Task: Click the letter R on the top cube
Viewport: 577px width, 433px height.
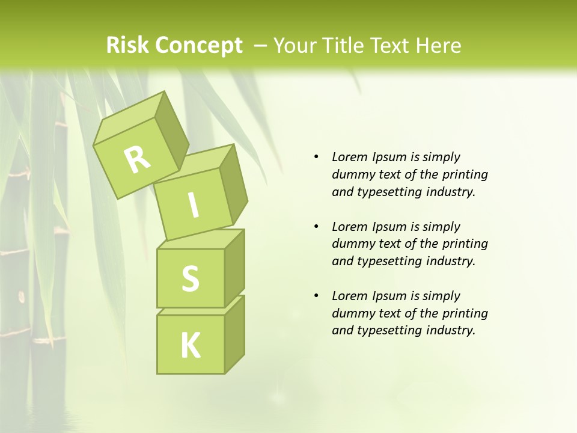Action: pos(137,159)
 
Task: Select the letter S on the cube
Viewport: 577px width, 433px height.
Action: pos(190,279)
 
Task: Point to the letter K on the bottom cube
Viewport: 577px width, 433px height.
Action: pos(190,345)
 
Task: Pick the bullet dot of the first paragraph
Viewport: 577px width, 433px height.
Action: pos(316,157)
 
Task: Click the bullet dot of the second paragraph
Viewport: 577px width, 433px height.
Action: pos(316,227)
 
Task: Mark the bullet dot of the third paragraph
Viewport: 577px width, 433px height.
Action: pos(316,296)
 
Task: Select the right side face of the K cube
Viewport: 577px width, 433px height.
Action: pos(234,334)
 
